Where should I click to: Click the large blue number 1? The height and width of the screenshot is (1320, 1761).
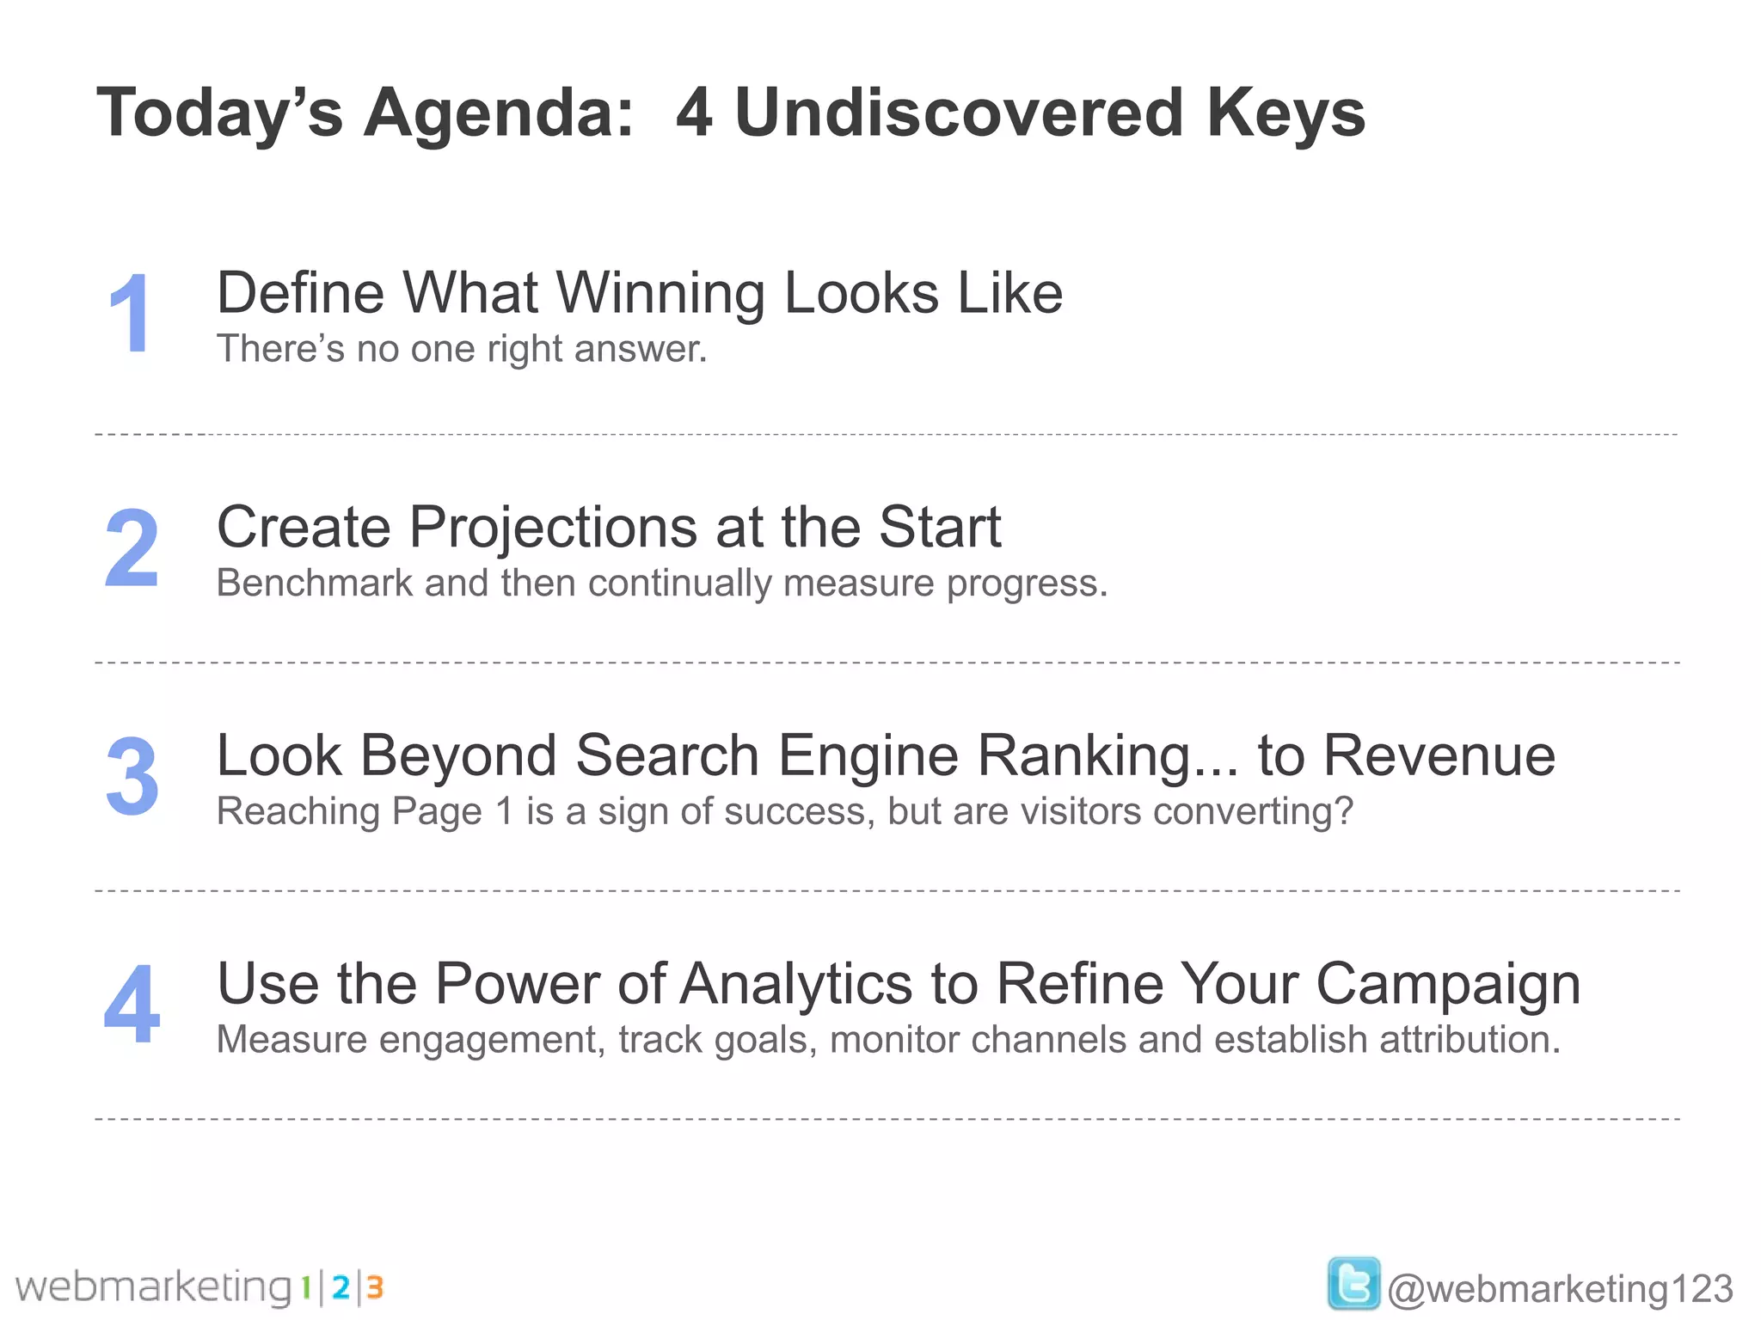point(131,313)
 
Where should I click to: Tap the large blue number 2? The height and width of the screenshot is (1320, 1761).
point(132,547)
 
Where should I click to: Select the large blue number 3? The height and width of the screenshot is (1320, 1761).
point(132,776)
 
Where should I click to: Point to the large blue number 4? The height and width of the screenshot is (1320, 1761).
point(132,1004)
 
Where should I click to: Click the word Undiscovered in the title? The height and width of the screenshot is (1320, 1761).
point(960,113)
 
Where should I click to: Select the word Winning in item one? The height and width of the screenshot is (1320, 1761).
point(660,293)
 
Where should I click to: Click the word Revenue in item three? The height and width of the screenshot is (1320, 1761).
point(1439,755)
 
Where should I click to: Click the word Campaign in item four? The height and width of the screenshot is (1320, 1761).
point(1448,984)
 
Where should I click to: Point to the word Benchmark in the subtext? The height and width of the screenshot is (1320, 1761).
point(314,584)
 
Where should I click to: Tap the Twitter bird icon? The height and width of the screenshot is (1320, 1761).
point(1353,1283)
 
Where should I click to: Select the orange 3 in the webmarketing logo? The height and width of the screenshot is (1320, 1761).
point(374,1287)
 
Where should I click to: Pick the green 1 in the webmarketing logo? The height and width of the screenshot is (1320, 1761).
point(305,1287)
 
